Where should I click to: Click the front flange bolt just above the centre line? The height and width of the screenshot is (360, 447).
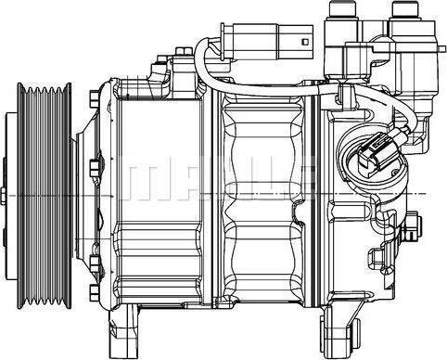point(96,168)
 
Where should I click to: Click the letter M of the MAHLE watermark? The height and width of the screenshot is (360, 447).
point(144,180)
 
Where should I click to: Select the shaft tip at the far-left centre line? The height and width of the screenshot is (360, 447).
point(3,196)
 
